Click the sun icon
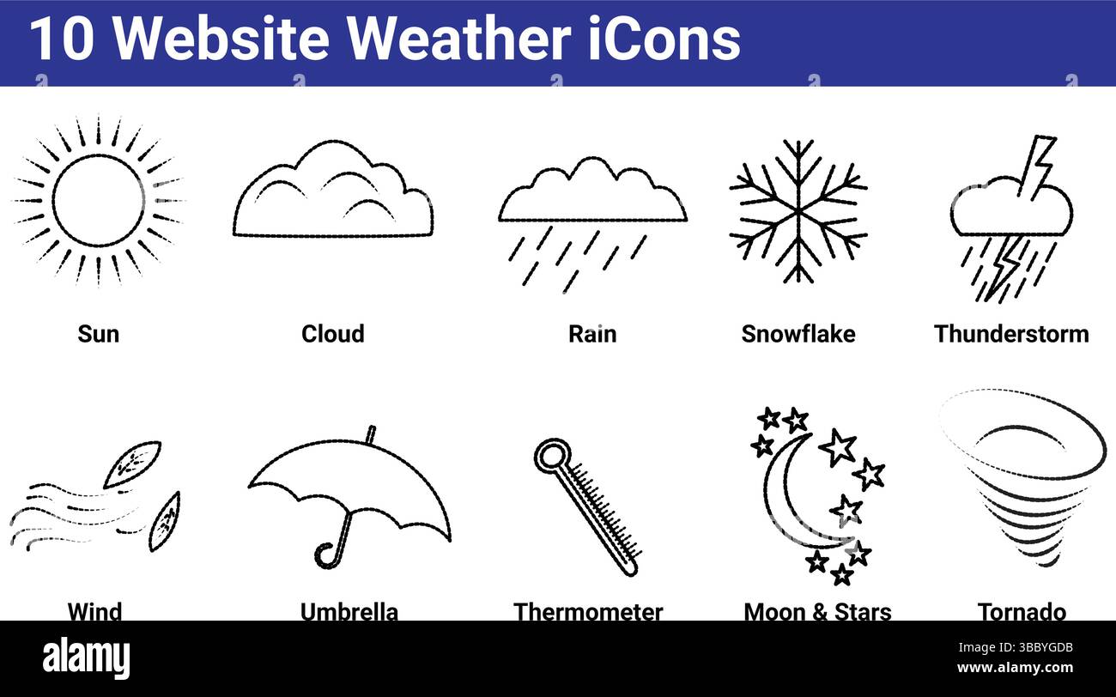coord(98,200)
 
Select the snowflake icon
coord(798,210)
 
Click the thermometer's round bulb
coord(551,455)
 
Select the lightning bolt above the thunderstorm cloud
coord(1040,163)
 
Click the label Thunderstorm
coord(1011,334)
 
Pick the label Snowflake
coord(798,334)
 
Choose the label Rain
coord(592,334)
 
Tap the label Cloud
coord(332,334)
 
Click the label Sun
coord(98,334)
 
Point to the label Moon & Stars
coord(817,611)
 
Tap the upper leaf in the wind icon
coord(132,464)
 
